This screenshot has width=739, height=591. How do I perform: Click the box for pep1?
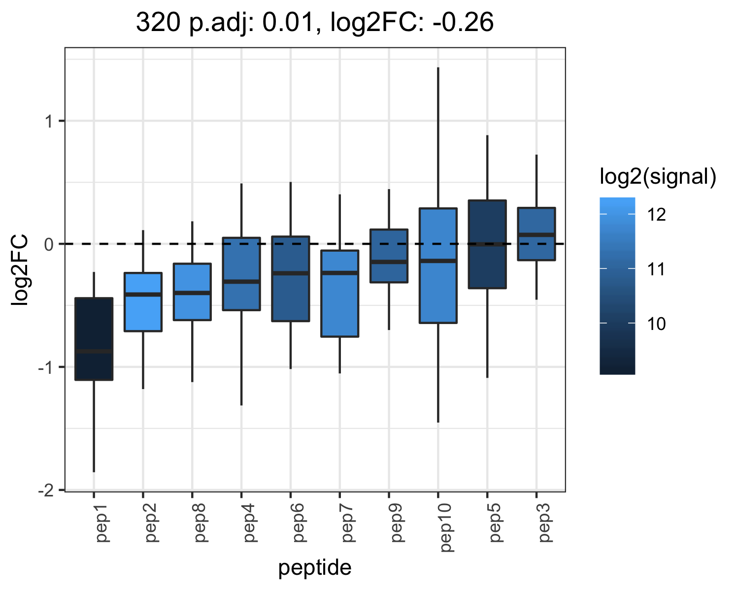click(x=94, y=339)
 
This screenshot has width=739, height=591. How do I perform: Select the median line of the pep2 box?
click(x=143, y=295)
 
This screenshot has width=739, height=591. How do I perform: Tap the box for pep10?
click(x=438, y=265)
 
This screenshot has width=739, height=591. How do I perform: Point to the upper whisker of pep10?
click(x=438, y=137)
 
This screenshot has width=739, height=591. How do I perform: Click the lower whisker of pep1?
click(x=94, y=426)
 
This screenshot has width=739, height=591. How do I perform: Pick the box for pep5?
click(x=487, y=244)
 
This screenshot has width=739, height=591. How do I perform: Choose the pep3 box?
click(x=537, y=233)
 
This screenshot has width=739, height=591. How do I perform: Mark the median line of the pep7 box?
click(x=339, y=273)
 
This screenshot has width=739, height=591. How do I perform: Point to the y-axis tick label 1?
click(x=49, y=121)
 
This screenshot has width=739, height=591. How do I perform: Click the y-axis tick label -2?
click(x=46, y=491)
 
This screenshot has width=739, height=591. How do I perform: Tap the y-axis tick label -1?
click(x=46, y=367)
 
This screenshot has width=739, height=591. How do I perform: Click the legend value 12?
click(x=656, y=215)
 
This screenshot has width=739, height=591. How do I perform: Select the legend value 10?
click(x=656, y=324)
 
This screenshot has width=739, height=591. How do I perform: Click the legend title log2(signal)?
click(x=658, y=177)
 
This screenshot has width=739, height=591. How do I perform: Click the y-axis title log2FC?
click(x=20, y=269)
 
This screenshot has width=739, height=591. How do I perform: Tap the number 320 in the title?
click(x=158, y=22)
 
